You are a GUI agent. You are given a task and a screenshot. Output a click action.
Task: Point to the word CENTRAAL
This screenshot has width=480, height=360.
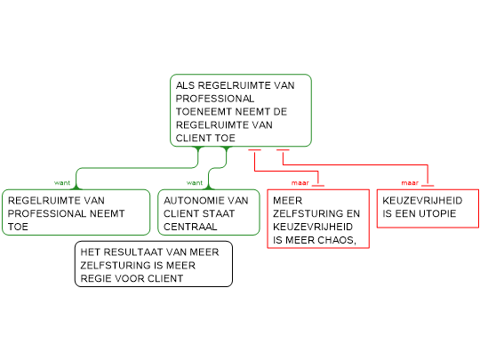(190, 227)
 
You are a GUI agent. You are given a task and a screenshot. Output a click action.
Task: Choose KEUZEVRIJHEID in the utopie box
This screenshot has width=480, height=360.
(422, 201)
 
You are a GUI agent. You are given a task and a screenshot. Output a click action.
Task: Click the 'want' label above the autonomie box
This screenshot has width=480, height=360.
(195, 183)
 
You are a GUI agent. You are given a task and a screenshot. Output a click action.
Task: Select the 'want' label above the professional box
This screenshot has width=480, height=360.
(62, 183)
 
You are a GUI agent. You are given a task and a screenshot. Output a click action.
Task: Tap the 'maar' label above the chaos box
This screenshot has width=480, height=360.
(300, 183)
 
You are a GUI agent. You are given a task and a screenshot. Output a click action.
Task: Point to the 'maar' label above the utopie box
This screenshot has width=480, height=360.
(410, 183)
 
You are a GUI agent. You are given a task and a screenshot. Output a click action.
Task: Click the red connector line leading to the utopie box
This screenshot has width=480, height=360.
(355, 165)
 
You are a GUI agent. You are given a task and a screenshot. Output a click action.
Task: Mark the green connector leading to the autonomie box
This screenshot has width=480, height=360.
(218, 168)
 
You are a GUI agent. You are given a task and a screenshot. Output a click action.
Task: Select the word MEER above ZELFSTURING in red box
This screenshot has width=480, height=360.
(287, 201)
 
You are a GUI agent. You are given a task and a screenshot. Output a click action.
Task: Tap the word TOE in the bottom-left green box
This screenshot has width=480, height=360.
(18, 227)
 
